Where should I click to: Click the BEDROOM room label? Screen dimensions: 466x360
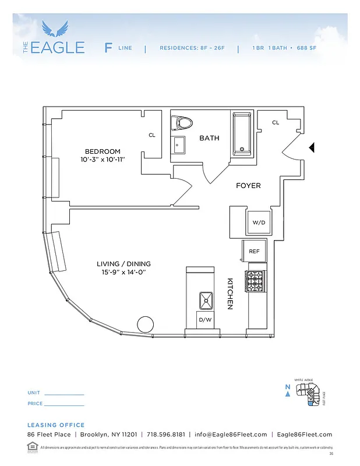pyautogui.click(x=102, y=151)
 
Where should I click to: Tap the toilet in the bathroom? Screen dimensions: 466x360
pyautogui.click(x=182, y=123)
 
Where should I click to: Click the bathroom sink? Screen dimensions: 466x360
pyautogui.click(x=178, y=144)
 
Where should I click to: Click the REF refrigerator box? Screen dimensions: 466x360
pyautogui.click(x=254, y=251)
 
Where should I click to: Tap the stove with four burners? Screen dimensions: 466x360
pyautogui.click(x=256, y=281)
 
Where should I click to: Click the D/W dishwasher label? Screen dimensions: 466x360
pyautogui.click(x=205, y=320)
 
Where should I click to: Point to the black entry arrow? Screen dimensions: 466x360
pyautogui.click(x=312, y=148)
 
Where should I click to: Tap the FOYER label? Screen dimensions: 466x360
pyautogui.click(x=248, y=186)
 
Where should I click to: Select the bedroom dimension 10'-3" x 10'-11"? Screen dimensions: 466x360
pyautogui.click(x=103, y=159)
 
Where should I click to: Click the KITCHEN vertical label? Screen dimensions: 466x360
pyautogui.click(x=230, y=293)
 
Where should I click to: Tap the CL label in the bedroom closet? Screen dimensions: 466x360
pyautogui.click(x=152, y=135)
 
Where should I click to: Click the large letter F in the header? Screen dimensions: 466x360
pyautogui.click(x=108, y=48)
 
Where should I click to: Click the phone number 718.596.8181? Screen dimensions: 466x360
pyautogui.click(x=166, y=435)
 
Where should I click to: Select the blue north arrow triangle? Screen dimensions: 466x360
pyautogui.click(x=288, y=394)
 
